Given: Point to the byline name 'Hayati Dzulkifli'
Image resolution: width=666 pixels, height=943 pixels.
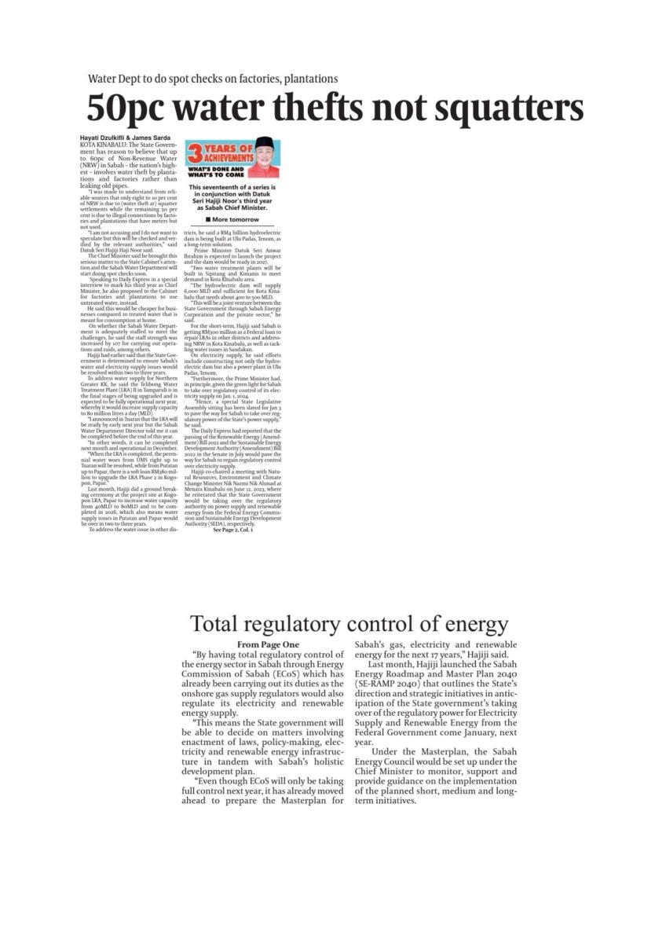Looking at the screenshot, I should coord(104,138).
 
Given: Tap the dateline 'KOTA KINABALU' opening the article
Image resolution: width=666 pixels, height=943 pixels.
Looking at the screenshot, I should coord(103,145).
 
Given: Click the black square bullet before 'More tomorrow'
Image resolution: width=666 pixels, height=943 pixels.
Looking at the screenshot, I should coord(205,219).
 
